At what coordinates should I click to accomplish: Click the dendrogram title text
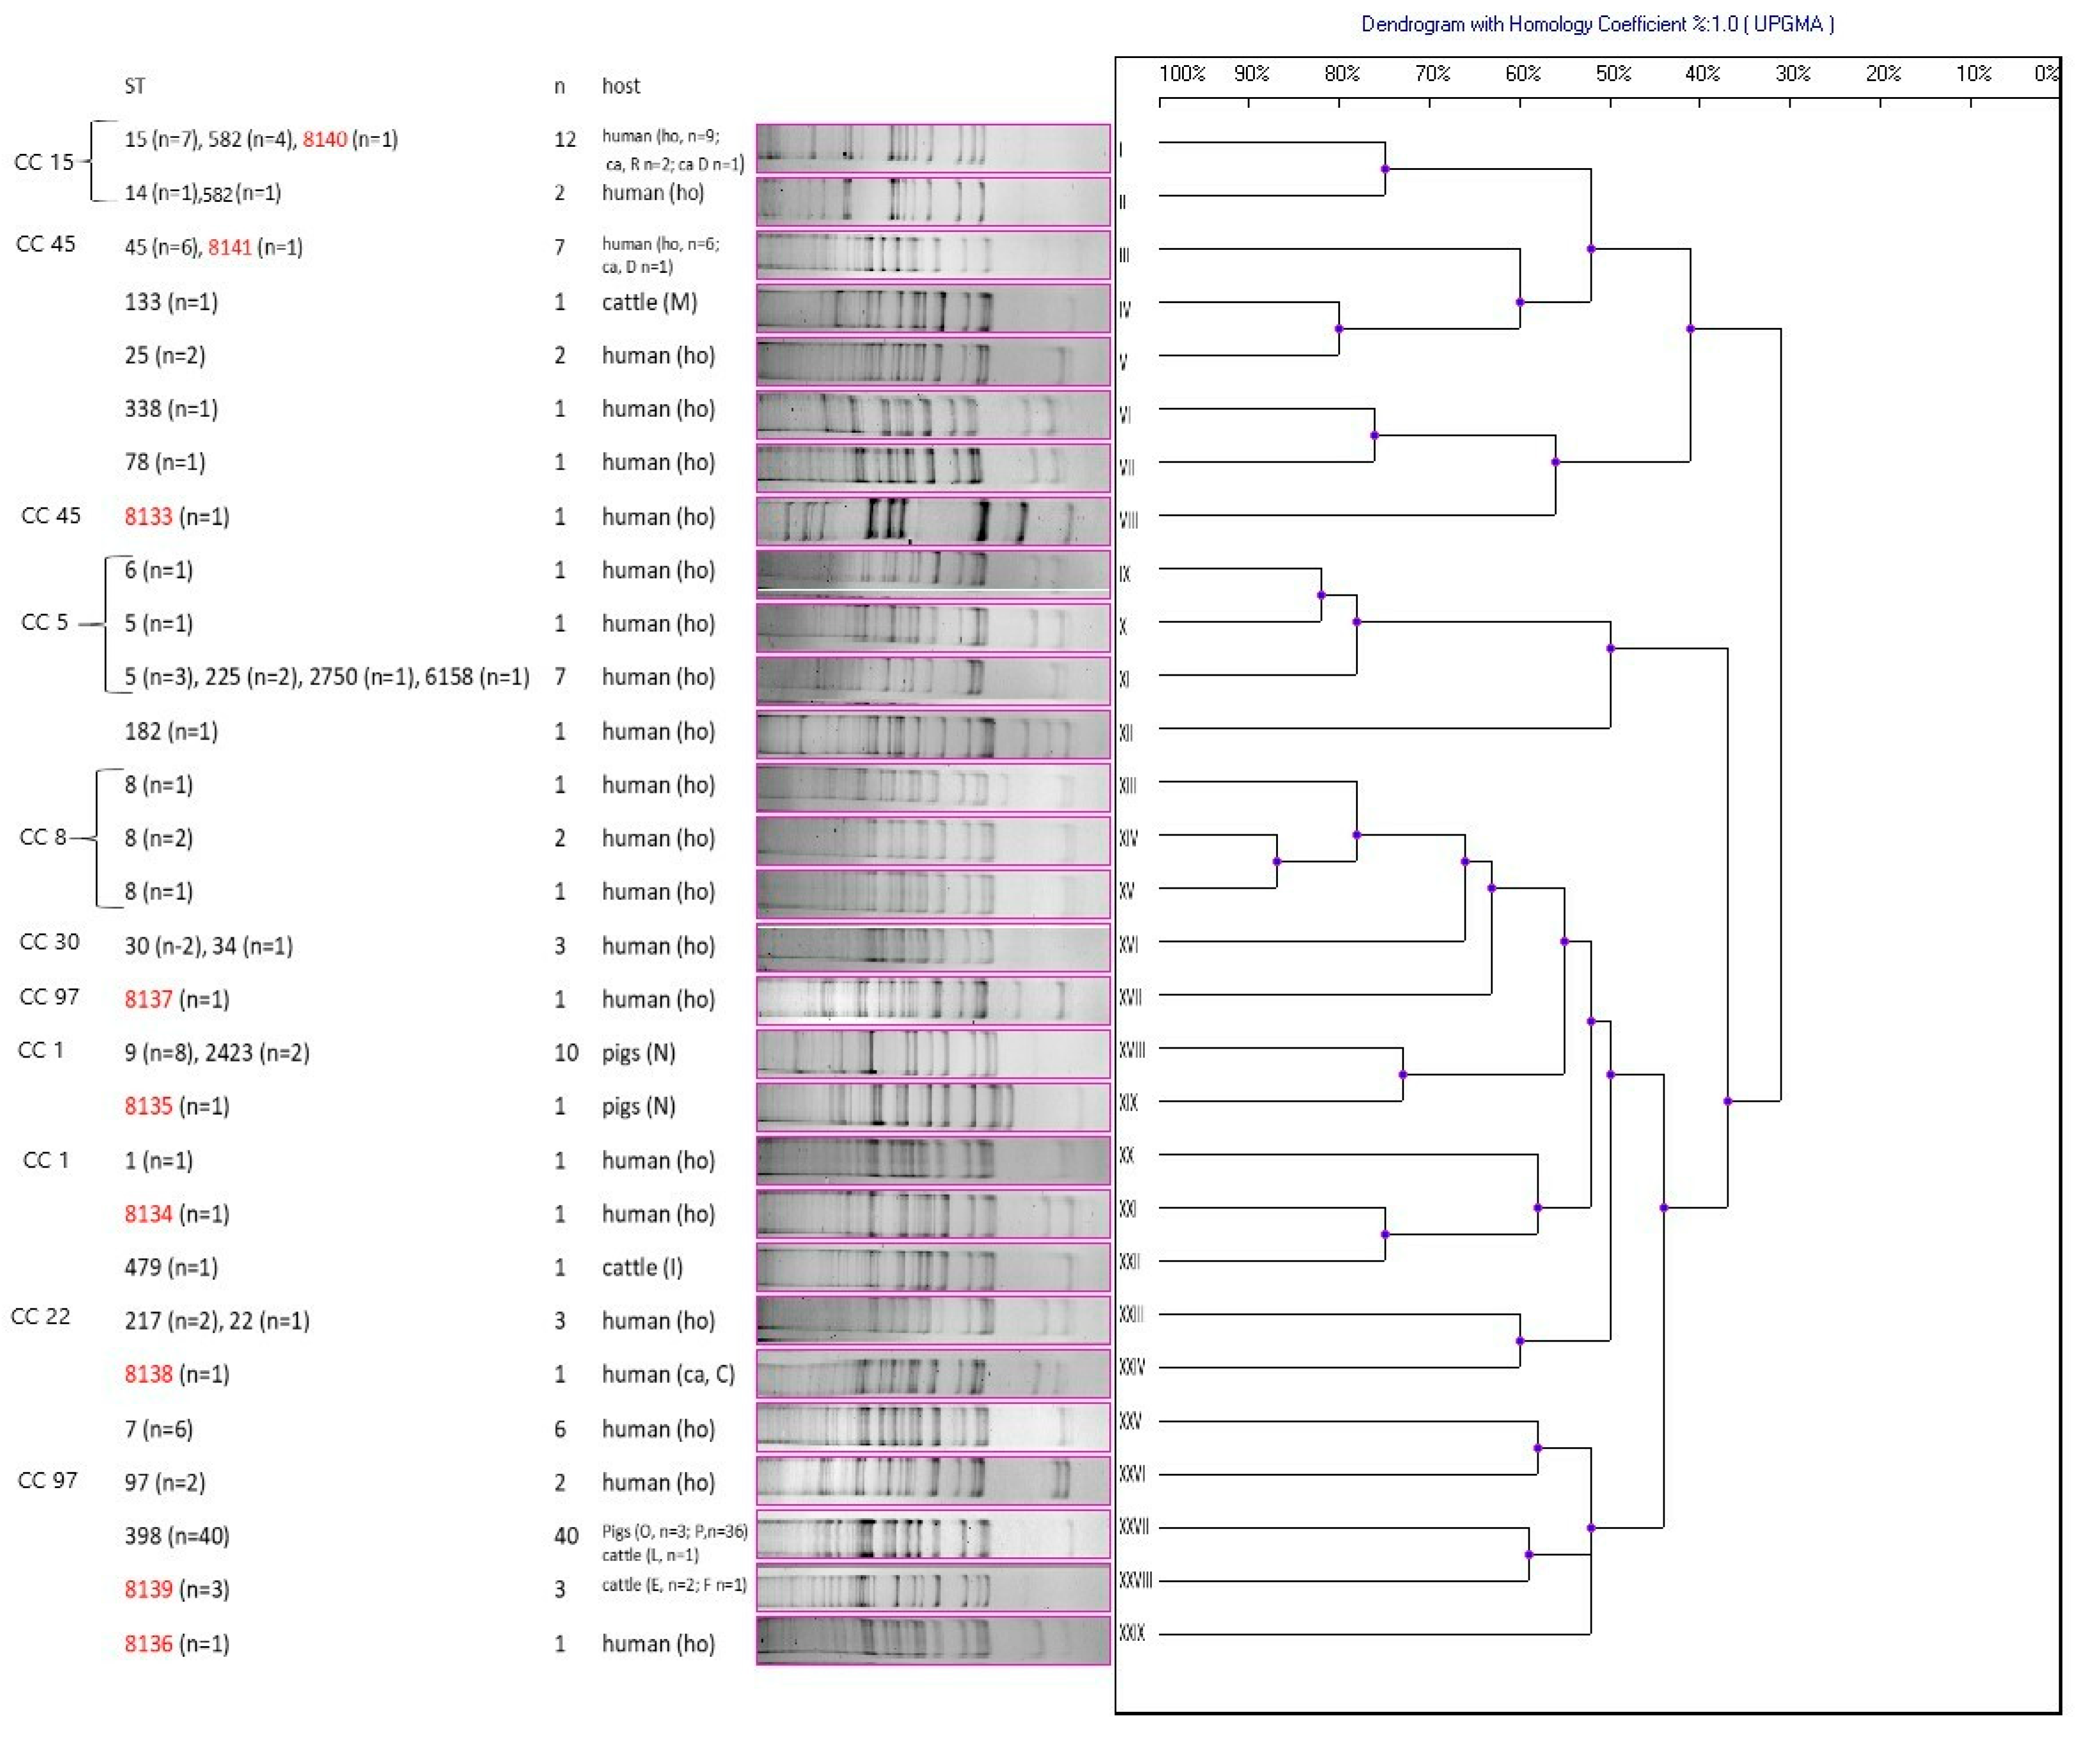point(1597,24)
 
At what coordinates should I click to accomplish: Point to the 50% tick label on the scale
point(1613,73)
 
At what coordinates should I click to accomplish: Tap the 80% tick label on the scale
point(1341,73)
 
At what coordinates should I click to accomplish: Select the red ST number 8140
point(324,139)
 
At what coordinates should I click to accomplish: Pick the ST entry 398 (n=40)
point(176,1536)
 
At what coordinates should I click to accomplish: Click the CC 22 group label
point(41,1316)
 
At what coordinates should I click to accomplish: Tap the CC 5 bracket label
point(44,622)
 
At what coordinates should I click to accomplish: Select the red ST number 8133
point(149,517)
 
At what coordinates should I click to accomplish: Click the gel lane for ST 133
point(932,308)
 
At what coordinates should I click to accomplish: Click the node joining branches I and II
point(1385,169)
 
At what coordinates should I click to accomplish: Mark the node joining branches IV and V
point(1339,329)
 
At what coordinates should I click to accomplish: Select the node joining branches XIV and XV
point(1277,861)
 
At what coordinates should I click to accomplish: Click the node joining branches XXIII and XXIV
point(1519,1341)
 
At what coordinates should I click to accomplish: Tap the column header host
point(621,86)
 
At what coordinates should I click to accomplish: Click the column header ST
point(135,86)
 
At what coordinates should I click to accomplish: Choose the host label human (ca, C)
point(668,1374)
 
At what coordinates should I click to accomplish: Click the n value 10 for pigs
point(565,1053)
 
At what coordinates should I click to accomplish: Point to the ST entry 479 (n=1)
point(170,1267)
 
